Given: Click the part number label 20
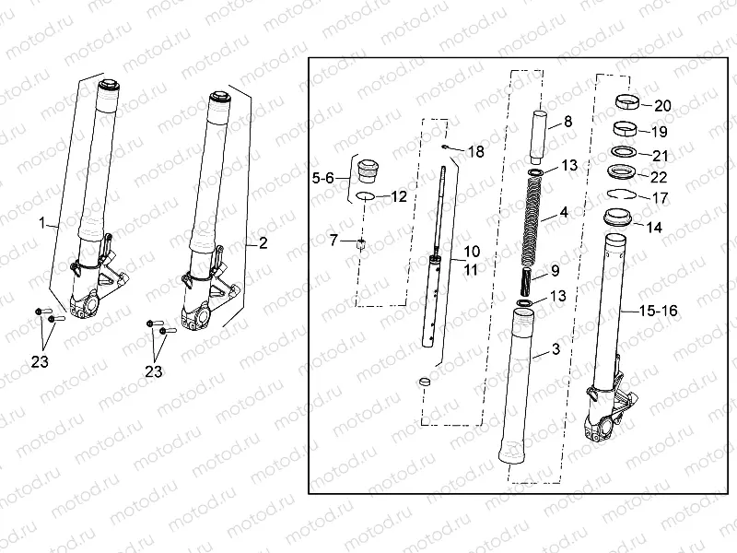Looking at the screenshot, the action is tap(662, 106).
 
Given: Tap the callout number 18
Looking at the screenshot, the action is tap(475, 152).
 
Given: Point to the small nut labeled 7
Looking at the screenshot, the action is tap(360, 244).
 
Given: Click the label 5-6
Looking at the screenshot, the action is tap(323, 178).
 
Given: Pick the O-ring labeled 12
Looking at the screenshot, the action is tap(365, 195).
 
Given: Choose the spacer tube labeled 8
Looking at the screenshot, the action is tap(539, 135).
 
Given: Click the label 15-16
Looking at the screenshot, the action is tap(658, 311).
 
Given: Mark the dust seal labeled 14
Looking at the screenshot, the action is tap(617, 218).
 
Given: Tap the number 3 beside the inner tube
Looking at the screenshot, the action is tap(556, 349).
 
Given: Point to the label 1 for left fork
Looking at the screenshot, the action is tap(42, 222).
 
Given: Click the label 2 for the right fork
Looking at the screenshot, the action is tap(263, 243).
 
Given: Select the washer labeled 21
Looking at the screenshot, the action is tap(624, 152).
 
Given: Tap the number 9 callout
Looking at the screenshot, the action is tap(556, 271).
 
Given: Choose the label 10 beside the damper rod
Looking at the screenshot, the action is tap(472, 252).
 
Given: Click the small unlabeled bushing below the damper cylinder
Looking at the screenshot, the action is tap(425, 381).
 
